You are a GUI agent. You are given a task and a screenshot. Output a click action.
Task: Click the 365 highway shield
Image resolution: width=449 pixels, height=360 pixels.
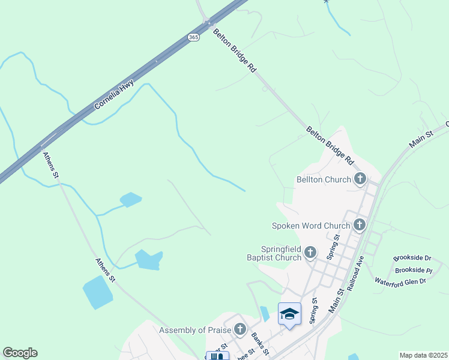[193, 37]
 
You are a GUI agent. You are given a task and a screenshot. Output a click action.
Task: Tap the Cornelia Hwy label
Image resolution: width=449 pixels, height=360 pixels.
[113, 95]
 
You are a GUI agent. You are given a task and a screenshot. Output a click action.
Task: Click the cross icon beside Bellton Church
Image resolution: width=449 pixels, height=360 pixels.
[360, 179]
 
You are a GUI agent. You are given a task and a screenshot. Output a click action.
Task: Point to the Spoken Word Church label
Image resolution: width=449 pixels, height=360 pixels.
[311, 226]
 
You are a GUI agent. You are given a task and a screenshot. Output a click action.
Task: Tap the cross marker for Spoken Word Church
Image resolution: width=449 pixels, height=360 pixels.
[360, 225]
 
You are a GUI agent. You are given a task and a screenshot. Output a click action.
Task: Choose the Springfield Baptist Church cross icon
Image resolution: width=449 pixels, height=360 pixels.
[310, 253]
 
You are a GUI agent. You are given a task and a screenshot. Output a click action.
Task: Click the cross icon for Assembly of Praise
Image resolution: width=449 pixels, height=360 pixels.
[240, 329]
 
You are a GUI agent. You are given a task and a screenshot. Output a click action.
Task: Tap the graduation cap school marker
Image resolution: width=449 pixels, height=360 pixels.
[289, 314]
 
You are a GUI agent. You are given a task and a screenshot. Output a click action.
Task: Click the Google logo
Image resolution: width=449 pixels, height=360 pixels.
[20, 353]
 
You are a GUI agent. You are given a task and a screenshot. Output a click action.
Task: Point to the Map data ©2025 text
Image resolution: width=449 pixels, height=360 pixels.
[424, 355]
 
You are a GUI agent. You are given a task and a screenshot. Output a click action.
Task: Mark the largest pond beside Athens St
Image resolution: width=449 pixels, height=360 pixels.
[98, 293]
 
